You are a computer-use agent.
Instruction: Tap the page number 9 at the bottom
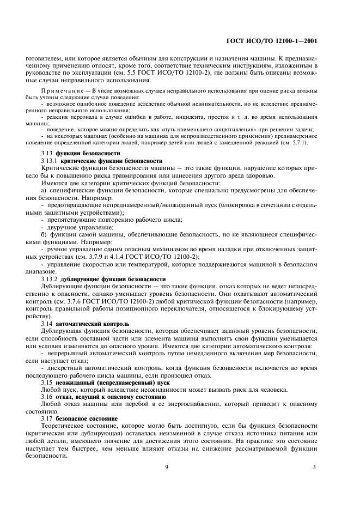coord(166,466)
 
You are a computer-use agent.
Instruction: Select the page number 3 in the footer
coord(314,466)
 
